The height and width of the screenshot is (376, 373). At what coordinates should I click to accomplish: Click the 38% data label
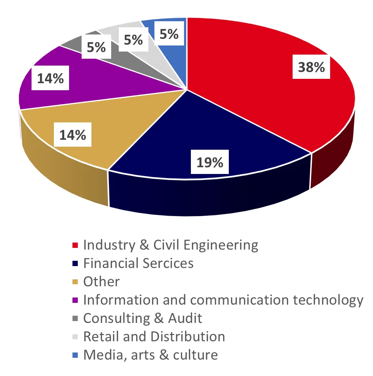311,67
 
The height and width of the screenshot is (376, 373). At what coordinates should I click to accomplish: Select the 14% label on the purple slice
50,79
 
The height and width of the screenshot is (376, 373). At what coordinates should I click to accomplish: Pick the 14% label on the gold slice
72,135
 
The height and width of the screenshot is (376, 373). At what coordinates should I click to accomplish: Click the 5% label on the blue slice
169,34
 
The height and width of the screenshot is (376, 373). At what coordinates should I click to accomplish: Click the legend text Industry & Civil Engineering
170,245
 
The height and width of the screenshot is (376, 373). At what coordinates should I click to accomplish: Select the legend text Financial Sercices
138,263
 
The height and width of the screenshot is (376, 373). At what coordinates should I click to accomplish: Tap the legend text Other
101,282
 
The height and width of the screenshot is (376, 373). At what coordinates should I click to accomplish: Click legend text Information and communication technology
223,300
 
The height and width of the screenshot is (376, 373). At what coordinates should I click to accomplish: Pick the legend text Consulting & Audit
143,318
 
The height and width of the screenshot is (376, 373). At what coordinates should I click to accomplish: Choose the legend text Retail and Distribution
154,336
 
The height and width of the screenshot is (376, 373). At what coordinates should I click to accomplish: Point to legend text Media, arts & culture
151,355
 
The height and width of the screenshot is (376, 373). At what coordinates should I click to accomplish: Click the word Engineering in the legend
220,245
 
